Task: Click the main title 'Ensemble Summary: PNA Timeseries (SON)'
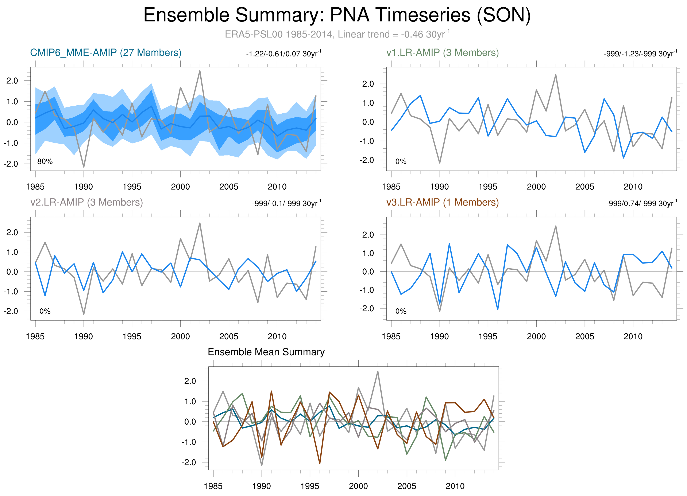(x=337, y=15)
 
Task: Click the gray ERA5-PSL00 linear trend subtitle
(x=337, y=34)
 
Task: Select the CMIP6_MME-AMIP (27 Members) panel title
(x=106, y=53)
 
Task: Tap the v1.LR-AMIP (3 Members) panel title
(x=442, y=53)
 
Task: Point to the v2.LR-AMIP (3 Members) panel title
(x=87, y=202)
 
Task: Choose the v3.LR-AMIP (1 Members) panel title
(x=442, y=202)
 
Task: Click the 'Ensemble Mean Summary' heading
(x=266, y=352)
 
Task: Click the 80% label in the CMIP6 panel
(x=45, y=162)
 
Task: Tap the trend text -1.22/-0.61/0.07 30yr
(x=283, y=54)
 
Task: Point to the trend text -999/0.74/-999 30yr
(x=641, y=203)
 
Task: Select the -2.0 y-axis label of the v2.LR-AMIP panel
(x=11, y=311)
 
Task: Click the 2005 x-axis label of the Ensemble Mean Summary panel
(x=406, y=486)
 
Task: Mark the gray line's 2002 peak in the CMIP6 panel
(x=200, y=71)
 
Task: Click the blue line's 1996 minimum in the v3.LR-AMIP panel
(x=498, y=309)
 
